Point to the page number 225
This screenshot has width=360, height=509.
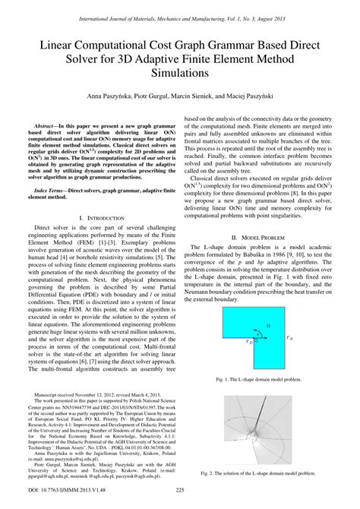[x=180, y=501]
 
